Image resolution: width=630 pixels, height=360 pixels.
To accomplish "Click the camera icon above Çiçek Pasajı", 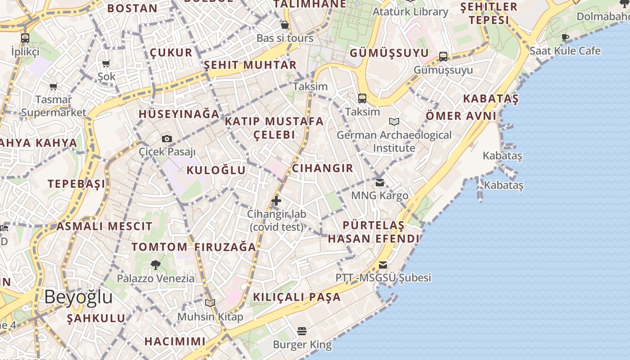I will (167, 139).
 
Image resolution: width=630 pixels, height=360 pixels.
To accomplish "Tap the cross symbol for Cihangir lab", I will (276, 201).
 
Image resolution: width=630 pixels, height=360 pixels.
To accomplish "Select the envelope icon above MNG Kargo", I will (380, 182).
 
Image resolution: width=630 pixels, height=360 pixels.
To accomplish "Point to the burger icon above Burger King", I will (302, 332).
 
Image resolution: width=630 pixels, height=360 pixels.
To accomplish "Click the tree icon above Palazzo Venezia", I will (156, 265).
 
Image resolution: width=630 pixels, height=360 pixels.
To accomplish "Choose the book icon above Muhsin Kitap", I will (210, 303).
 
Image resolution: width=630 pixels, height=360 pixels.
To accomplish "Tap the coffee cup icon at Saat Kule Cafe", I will (565, 37).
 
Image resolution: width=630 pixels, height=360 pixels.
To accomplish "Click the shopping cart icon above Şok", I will (106, 64).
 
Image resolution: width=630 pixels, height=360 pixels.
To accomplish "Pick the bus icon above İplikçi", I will (25, 38).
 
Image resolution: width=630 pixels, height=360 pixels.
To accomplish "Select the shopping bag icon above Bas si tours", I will (284, 25).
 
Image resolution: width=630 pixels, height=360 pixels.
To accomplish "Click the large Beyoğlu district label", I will (79, 297).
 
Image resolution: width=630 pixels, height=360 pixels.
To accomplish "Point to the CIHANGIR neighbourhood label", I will (323, 168).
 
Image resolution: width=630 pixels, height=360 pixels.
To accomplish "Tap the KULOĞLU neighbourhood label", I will (216, 170).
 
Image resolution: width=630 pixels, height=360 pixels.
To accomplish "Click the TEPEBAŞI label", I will (76, 184).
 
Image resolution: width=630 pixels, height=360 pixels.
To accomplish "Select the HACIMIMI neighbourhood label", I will (175, 341).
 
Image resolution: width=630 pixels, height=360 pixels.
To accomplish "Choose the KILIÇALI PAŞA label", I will (297, 297).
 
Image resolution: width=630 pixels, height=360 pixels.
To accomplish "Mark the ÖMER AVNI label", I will (461, 116).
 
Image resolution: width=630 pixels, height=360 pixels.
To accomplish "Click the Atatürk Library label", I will (410, 12).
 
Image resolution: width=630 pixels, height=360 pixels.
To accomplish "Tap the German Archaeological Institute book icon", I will (394, 121).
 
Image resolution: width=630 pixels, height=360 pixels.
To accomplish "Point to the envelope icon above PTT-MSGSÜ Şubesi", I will (383, 265).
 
